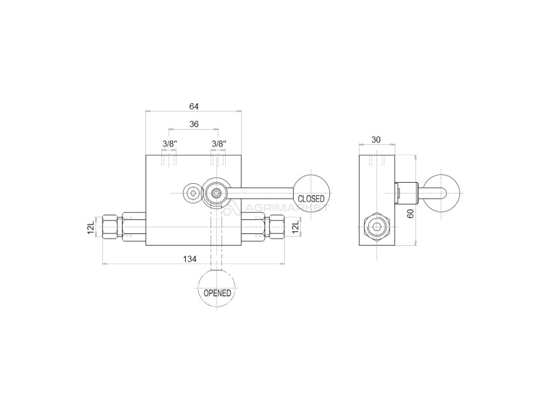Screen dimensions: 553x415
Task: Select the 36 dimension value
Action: tap(194, 124)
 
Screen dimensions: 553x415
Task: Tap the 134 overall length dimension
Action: tap(189, 259)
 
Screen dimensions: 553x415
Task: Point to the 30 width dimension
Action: tap(376, 139)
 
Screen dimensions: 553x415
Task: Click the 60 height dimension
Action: tap(410, 213)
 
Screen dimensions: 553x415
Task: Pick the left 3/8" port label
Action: tap(170, 144)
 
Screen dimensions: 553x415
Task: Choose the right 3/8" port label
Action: tap(219, 144)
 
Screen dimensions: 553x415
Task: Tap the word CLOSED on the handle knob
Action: tap(311, 199)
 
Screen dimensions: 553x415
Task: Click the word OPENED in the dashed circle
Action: tap(217, 293)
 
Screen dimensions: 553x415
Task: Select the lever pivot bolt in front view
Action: tap(217, 192)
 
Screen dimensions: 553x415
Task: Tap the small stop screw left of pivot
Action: tap(192, 193)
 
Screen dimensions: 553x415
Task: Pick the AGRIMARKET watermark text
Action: tap(281, 209)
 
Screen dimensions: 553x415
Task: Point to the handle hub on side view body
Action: tap(407, 191)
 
